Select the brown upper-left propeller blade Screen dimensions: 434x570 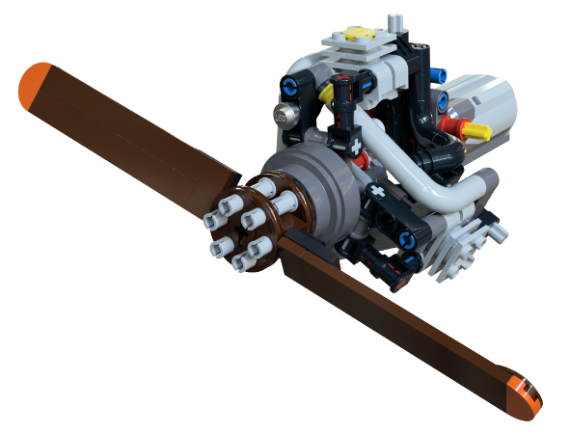pyautogui.click(x=135, y=130)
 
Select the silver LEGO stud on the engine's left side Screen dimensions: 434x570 pyautogui.click(x=287, y=114)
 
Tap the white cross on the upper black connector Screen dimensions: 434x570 pyautogui.click(x=356, y=147)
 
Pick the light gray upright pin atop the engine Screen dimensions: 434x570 pyautogui.click(x=393, y=23)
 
